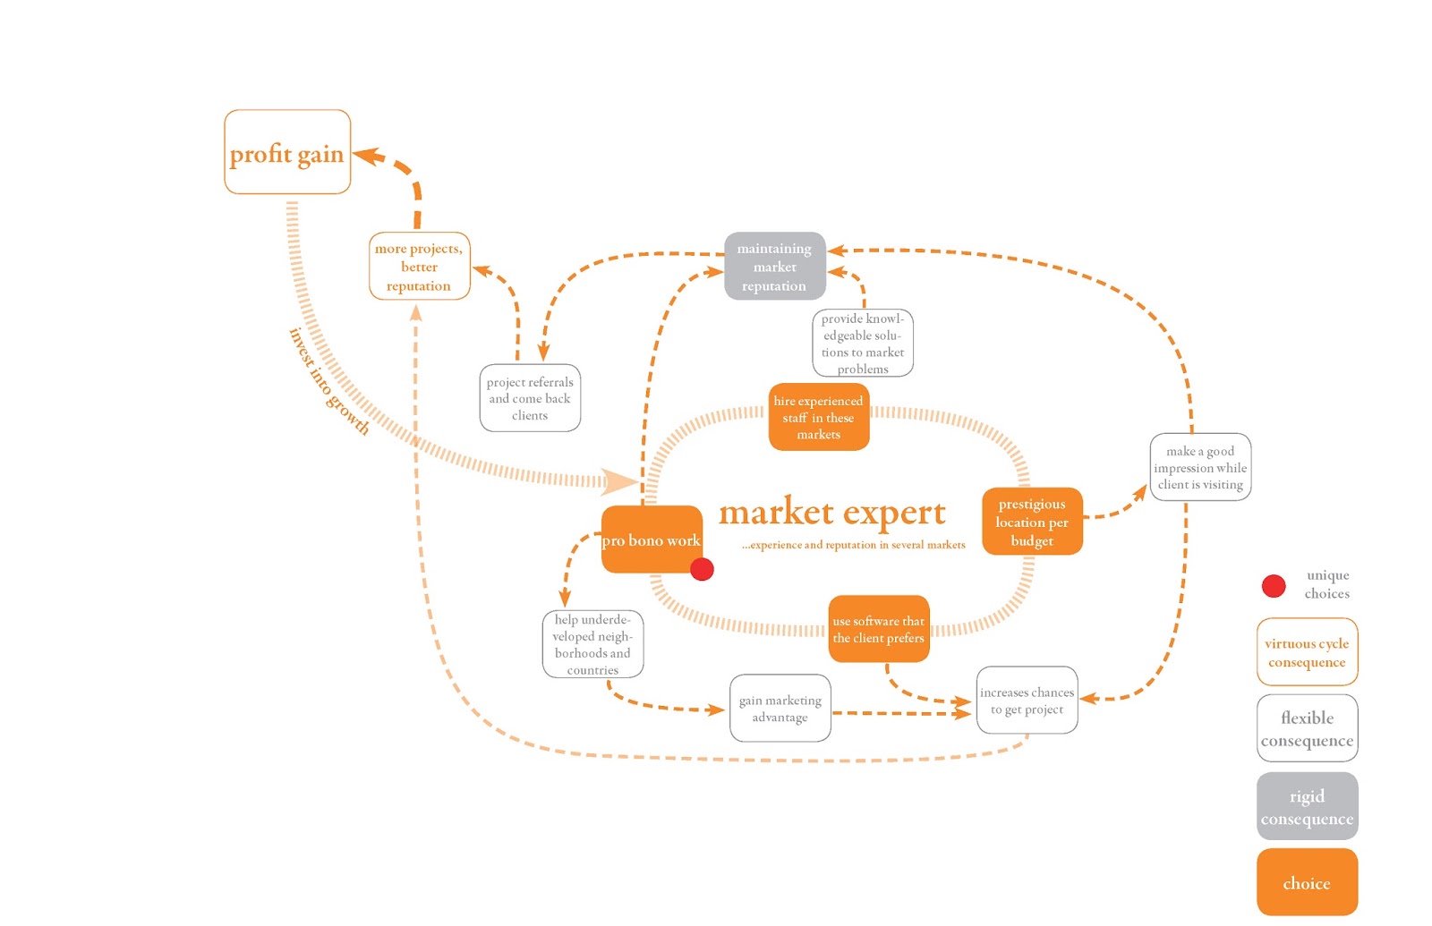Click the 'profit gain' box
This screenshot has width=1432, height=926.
click(x=287, y=152)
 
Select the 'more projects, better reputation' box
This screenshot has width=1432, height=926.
click(x=419, y=267)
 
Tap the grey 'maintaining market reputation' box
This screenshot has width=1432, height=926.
click(x=774, y=267)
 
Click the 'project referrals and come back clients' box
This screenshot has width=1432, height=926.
click(x=530, y=398)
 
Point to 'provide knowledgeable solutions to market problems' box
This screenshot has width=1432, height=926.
click(x=863, y=343)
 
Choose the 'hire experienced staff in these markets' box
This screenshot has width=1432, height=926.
click(x=818, y=417)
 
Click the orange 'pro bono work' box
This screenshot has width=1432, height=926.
click(x=651, y=539)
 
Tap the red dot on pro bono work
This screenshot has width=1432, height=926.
click(x=702, y=569)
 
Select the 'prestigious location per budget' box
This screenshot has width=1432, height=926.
click(x=1032, y=522)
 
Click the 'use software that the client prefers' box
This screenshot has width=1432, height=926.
click(x=878, y=629)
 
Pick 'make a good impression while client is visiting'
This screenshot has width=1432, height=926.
click(x=1200, y=467)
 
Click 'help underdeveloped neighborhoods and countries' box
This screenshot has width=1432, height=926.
click(x=592, y=644)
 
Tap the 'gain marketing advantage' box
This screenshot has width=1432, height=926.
click(x=780, y=709)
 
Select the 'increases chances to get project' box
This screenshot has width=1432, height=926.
click(x=1027, y=701)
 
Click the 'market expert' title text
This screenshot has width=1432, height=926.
click(x=831, y=513)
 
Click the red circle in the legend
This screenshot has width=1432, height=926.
click(x=1274, y=586)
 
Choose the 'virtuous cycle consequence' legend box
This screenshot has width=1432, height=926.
click(x=1307, y=652)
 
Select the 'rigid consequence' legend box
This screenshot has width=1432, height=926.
click(x=1307, y=807)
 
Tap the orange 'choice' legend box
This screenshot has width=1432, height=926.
click(x=1307, y=883)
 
